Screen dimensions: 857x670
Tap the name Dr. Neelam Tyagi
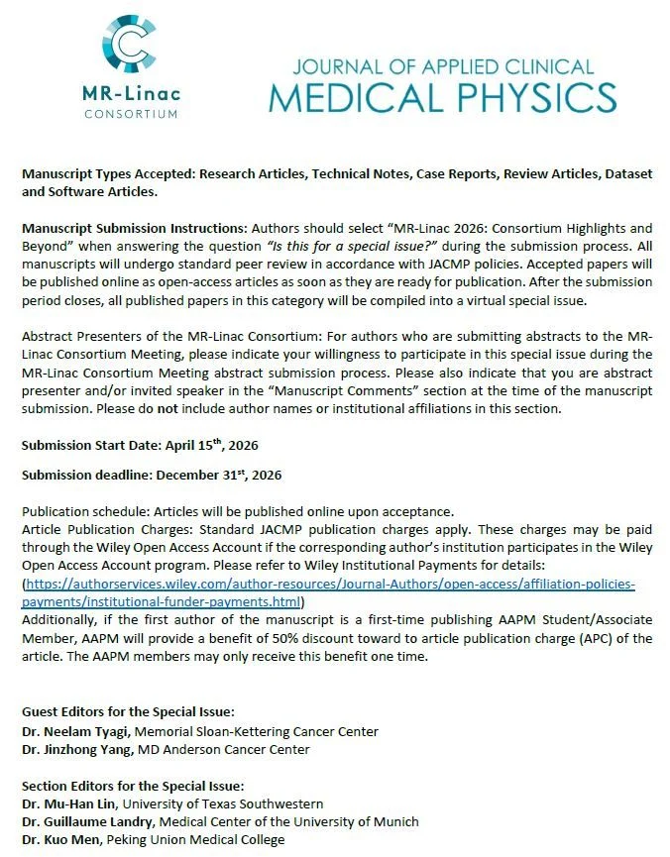point(76,731)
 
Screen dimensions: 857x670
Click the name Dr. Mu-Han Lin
point(73,803)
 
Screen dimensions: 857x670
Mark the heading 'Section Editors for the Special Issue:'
point(135,786)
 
